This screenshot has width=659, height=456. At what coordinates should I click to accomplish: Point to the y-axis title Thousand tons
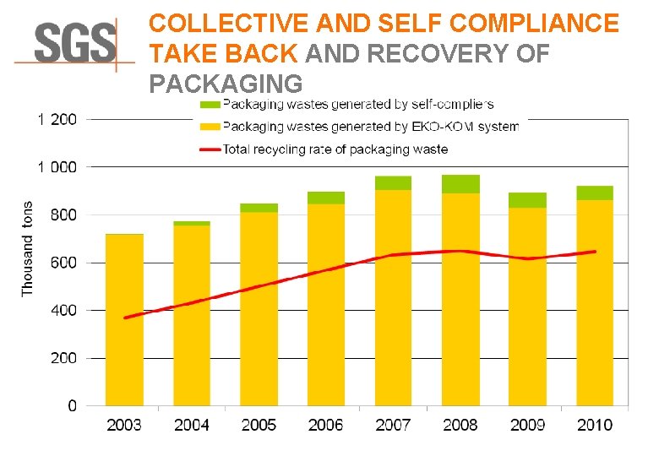[27, 248]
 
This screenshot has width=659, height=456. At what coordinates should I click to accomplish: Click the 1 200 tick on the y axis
[57, 120]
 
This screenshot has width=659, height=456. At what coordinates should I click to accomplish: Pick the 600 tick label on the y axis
[62, 263]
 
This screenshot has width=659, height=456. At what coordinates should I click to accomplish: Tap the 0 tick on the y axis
[72, 406]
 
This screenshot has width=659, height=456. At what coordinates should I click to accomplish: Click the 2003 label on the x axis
[124, 425]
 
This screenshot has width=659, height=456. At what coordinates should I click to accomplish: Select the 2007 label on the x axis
[393, 425]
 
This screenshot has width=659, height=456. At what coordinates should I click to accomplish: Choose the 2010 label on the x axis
[595, 425]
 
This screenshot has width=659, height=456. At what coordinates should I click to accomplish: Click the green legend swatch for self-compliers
[210, 105]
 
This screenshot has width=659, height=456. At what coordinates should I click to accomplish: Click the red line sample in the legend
[210, 149]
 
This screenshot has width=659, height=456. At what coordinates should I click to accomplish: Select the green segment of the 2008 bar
[460, 184]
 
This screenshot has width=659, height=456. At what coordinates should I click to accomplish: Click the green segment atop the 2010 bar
[595, 193]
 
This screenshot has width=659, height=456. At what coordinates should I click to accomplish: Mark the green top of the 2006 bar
[326, 198]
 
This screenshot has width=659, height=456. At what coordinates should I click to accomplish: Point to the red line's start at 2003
[125, 318]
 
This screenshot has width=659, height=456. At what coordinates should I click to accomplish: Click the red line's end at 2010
[595, 252]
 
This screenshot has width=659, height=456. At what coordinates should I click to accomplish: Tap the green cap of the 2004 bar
[192, 223]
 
